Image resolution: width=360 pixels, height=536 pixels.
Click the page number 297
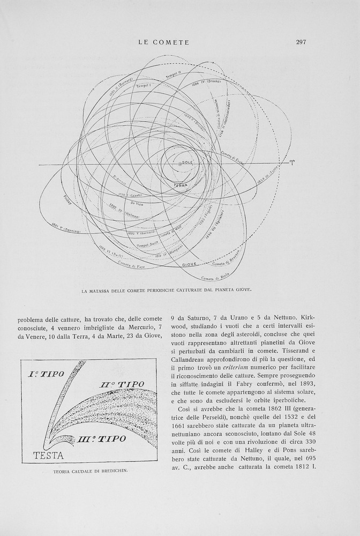coord(301,42)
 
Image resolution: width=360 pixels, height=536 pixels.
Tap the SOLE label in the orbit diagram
coord(187,161)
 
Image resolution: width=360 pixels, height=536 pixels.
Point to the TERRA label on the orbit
coord(181,185)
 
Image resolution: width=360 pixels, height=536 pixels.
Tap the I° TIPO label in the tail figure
coord(44,373)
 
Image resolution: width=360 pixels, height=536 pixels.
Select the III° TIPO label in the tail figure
coord(102,439)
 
